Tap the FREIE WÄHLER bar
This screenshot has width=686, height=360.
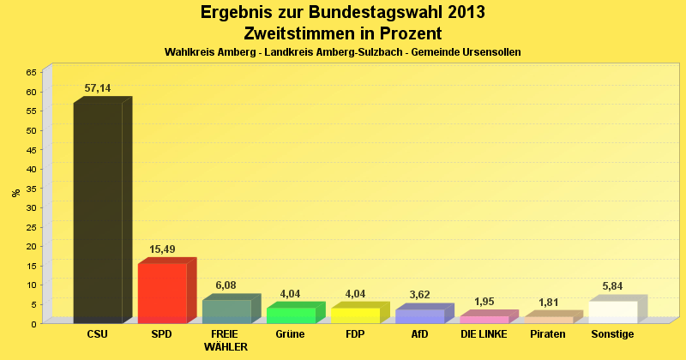point(226,311)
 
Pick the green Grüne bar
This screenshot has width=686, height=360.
point(291,315)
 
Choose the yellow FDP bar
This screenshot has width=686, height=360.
point(355,315)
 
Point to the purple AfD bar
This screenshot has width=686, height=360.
point(419,315)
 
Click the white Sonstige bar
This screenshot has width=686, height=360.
point(612,312)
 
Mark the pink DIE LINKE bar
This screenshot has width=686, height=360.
point(484,319)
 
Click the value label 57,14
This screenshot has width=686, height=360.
point(98,88)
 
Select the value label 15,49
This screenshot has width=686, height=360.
point(162,249)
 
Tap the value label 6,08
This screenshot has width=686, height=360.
point(226,285)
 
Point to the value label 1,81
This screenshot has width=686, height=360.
point(548,302)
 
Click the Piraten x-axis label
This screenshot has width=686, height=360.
point(548,334)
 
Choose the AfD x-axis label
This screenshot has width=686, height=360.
point(419,334)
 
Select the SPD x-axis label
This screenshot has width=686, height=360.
point(162,334)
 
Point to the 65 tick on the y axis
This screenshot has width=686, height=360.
point(31,72)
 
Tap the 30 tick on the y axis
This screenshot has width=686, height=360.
point(31,207)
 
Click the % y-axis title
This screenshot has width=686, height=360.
point(15,193)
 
